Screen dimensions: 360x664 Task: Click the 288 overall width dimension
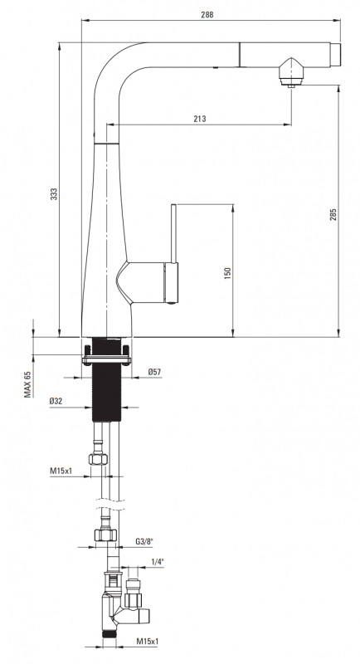(x=207, y=14)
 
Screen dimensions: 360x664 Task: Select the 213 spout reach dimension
(x=200, y=119)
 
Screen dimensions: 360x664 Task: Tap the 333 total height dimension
(x=54, y=194)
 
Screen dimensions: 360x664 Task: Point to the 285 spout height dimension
(x=333, y=215)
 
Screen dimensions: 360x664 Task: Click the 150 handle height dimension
(x=227, y=273)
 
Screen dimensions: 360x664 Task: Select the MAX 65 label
(x=27, y=384)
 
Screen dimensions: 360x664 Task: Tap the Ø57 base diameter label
(x=154, y=372)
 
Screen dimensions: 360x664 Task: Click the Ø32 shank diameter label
(x=56, y=401)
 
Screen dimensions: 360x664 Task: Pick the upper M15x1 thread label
(x=61, y=470)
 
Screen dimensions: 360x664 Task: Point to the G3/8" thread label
(x=144, y=541)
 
